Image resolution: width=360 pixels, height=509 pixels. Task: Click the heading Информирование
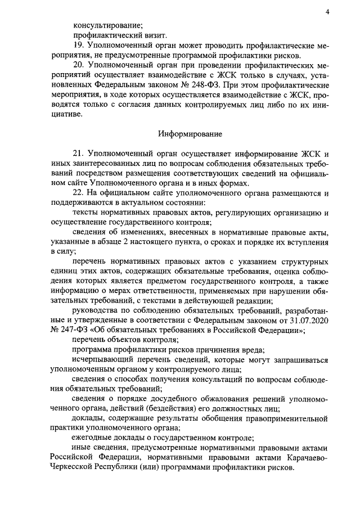pos(190,134)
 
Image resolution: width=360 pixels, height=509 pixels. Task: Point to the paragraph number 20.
pos(79,65)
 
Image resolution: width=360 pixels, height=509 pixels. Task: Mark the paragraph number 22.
pos(79,193)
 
